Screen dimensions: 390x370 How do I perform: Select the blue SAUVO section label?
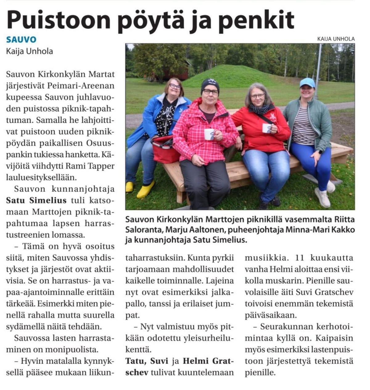click(21, 39)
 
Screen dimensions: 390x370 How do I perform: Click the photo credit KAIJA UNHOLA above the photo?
click(336, 39)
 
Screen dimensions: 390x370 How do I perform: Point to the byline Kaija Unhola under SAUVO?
click(29, 51)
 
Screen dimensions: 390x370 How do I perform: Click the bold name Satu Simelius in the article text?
click(36, 200)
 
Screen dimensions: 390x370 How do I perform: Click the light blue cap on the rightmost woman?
click(307, 82)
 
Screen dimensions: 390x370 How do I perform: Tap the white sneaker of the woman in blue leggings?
click(322, 197)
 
